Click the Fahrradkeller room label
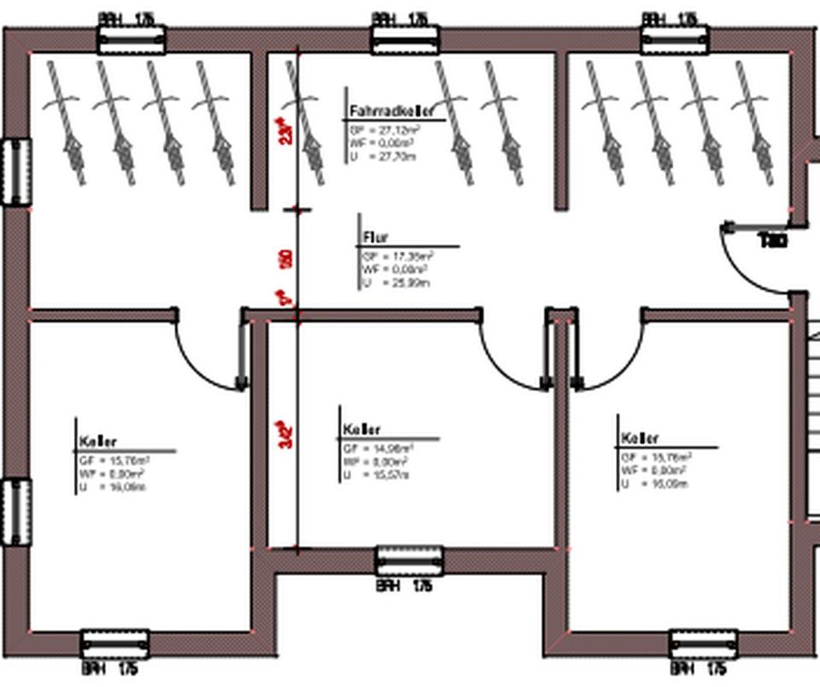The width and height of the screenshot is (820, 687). [392, 112]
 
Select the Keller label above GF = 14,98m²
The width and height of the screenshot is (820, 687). [362, 429]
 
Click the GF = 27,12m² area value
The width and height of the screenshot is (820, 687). [384, 131]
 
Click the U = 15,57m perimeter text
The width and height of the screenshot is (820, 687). [377, 474]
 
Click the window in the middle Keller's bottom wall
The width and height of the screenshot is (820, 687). [410, 561]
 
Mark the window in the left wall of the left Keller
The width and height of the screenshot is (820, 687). [15, 511]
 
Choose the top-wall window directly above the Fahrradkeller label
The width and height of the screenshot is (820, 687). [405, 38]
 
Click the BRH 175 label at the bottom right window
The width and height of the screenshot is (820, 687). [699, 667]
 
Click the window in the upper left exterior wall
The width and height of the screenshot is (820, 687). [15, 172]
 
